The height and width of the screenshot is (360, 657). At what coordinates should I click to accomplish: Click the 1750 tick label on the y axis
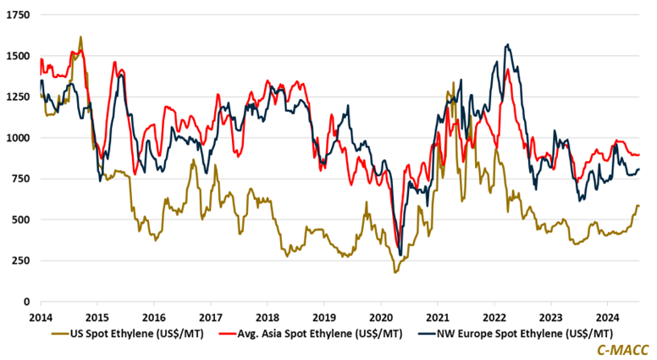pos(16,16)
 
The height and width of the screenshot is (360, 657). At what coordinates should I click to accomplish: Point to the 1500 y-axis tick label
pos(16,57)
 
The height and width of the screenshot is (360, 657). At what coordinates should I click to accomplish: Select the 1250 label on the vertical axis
pos(16,97)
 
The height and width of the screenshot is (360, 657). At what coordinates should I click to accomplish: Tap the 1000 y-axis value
pos(16,138)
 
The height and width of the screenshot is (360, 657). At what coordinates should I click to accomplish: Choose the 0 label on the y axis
pos(25,302)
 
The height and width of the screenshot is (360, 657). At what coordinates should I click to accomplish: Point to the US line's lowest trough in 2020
pos(395,272)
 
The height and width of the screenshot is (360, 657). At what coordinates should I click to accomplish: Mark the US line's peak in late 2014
pos(80,36)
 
